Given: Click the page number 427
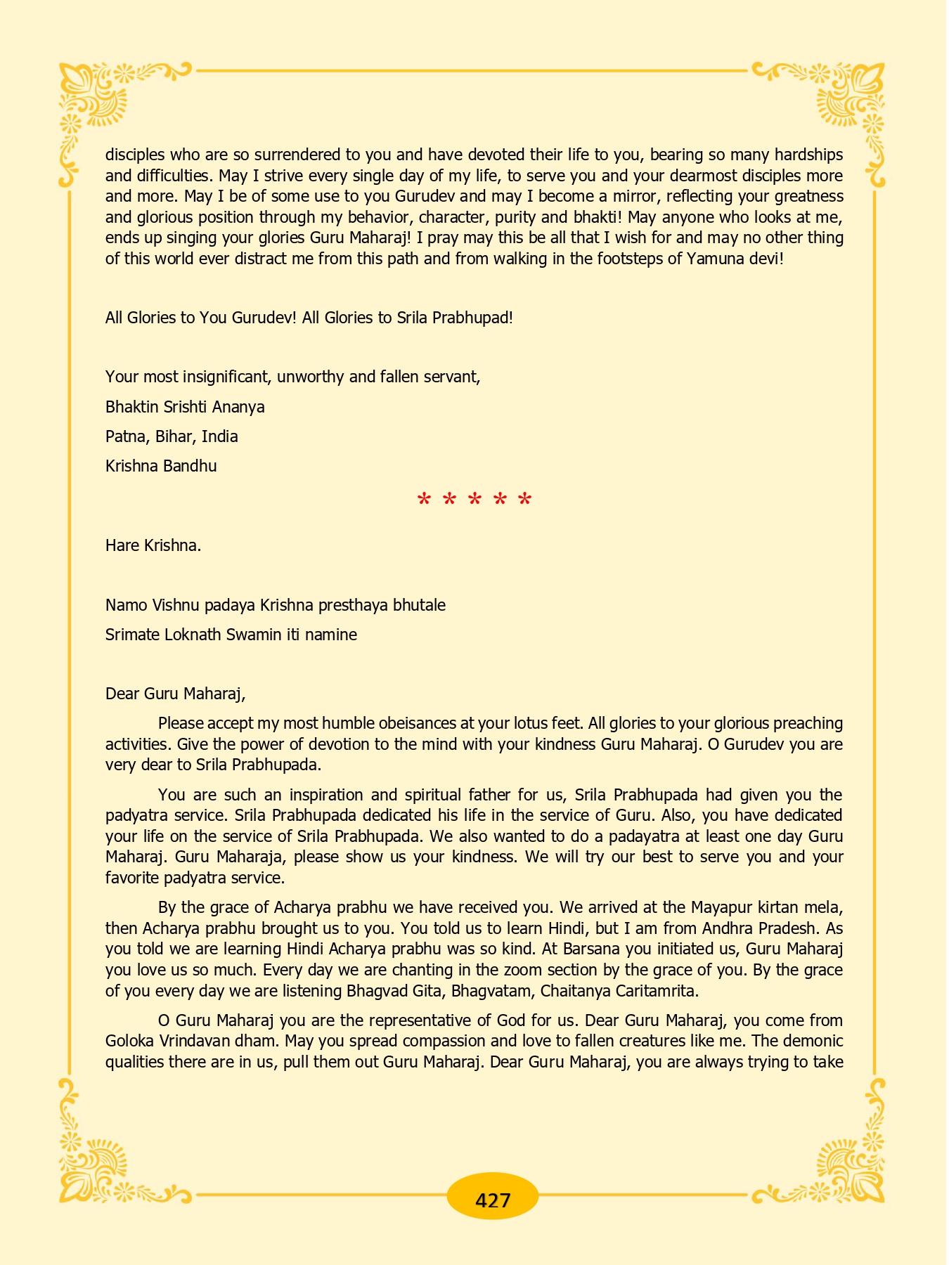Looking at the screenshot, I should click(492, 1200).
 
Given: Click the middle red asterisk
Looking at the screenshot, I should click(475, 501).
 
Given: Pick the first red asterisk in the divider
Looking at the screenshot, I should click(424, 501).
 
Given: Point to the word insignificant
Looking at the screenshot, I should click(227, 377).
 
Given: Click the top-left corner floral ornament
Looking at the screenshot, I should click(91, 98).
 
